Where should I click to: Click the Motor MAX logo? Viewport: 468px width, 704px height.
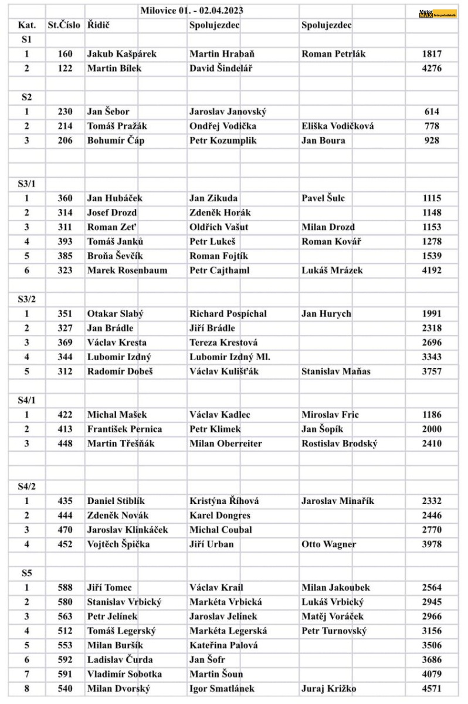click(437, 13)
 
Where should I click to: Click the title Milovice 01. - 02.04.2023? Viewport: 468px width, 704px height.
click(192, 11)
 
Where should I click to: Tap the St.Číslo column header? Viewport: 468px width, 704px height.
click(64, 25)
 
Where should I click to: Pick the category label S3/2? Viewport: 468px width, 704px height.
click(26, 299)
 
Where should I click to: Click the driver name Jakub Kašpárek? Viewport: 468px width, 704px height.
click(121, 54)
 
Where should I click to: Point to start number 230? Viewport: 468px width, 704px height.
click(65, 111)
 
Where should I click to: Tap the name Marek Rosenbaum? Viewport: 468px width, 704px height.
click(127, 270)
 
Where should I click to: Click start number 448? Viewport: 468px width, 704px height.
click(65, 444)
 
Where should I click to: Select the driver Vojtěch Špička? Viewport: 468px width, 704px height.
click(118, 544)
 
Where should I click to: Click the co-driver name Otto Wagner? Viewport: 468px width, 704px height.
click(328, 544)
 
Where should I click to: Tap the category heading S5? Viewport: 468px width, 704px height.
click(26, 573)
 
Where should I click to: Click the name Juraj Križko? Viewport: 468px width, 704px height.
click(329, 689)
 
